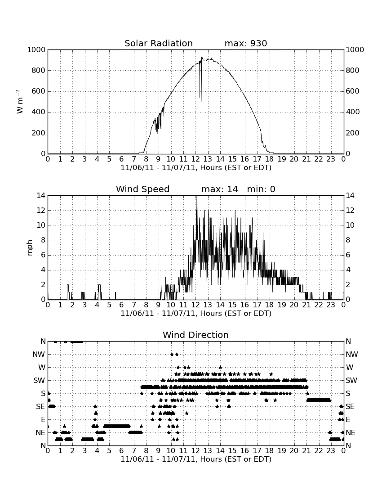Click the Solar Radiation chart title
click(159, 43)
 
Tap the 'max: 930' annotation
click(246, 43)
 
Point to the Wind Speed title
click(143, 189)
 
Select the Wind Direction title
click(196, 335)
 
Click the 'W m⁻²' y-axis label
click(19, 102)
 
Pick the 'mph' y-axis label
click(30, 248)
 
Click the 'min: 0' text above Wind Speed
click(261, 189)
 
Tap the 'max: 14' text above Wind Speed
click(220, 189)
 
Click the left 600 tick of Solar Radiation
click(39, 91)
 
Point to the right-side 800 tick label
click(353, 70)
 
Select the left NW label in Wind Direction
click(39, 355)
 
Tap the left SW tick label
click(40, 380)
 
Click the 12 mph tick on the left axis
click(41, 210)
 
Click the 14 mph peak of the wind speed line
click(196, 196)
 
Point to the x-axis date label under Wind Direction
click(196, 459)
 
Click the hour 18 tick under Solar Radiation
click(270, 159)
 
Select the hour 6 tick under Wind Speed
click(122, 305)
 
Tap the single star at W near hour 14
click(220, 367)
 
